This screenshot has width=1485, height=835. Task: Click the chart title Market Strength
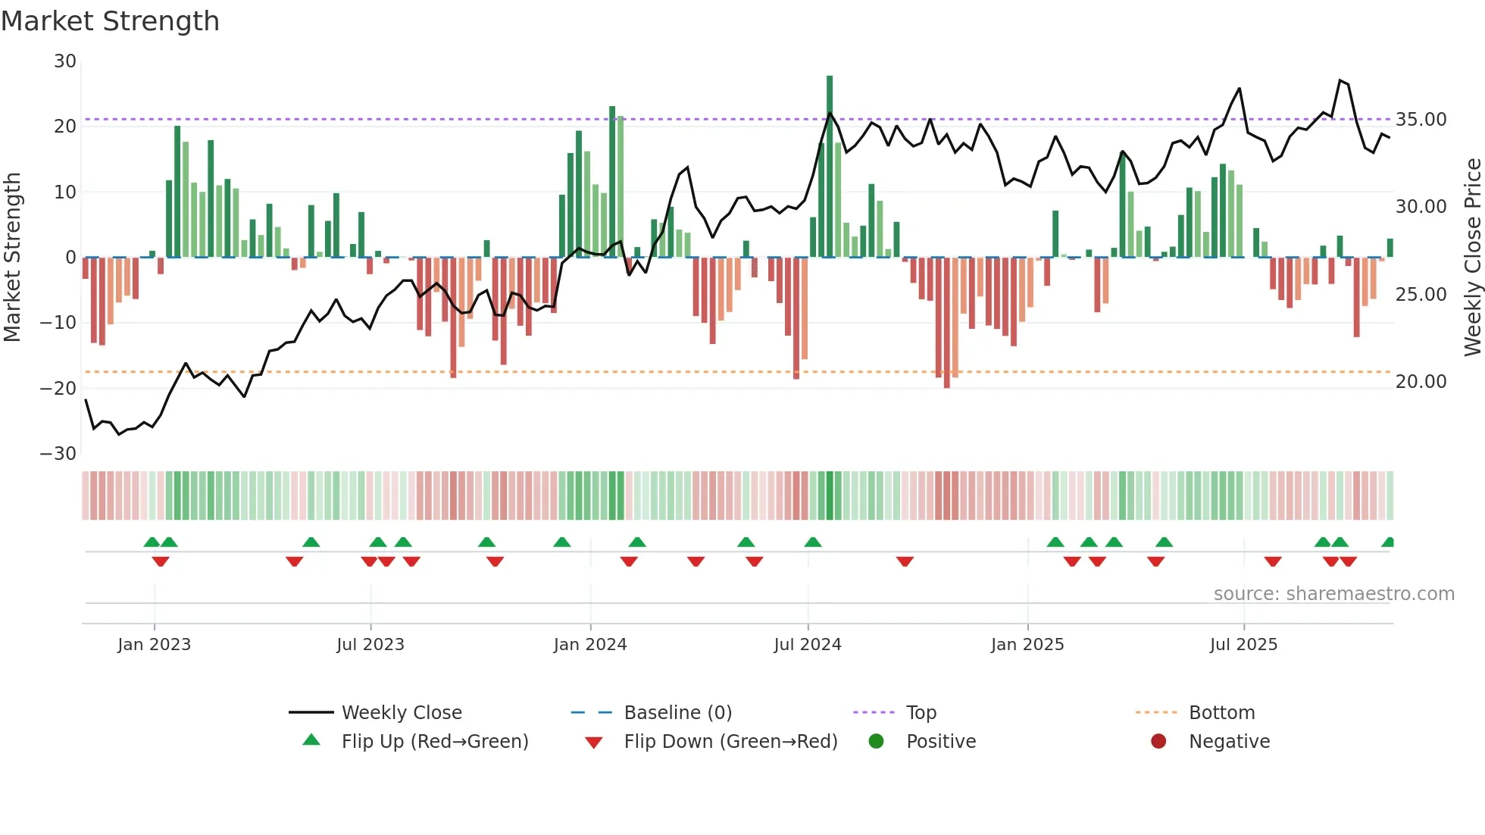pos(110,21)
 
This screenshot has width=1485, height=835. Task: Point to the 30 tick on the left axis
pos(65,61)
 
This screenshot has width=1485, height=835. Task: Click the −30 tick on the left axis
pos(58,454)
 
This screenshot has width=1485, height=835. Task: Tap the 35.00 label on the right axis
pos(1421,120)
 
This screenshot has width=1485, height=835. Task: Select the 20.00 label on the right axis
pos(1421,382)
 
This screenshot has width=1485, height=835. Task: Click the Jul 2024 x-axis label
pos(807,645)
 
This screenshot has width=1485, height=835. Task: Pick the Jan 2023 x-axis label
pos(154,645)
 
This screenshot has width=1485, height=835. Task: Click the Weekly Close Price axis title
pos(1472,258)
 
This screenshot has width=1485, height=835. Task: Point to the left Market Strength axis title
pos(12,258)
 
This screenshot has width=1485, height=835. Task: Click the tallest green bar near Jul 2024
pos(830,167)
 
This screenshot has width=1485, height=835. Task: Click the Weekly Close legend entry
pos(401,713)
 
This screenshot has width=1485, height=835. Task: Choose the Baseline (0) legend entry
pos(677,713)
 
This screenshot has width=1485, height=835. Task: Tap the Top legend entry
pos(921,713)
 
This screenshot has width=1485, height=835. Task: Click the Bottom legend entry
pos(1221,713)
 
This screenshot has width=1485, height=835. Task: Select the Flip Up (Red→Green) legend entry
pos(434,742)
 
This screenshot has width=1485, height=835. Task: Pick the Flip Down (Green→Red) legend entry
pos(730,742)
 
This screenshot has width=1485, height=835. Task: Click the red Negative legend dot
pos(1158,742)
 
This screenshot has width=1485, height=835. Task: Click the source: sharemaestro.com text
pos(1333,594)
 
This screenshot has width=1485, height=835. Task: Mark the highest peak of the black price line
pos(1340,80)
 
